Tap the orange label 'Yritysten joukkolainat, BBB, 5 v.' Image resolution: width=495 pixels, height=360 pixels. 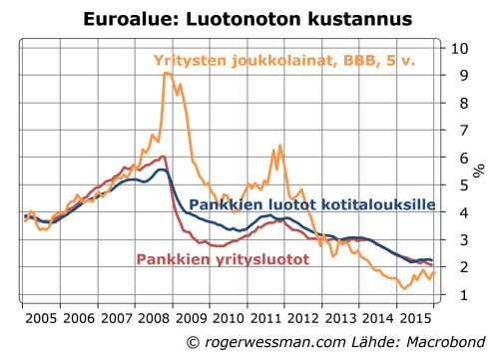click(x=284, y=60)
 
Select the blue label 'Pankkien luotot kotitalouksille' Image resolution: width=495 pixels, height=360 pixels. click(x=312, y=204)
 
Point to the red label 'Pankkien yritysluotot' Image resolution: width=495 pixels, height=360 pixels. click(x=222, y=259)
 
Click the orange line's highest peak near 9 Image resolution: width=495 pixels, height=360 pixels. click(x=168, y=74)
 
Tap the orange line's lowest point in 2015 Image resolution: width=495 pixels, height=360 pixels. click(x=403, y=289)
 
